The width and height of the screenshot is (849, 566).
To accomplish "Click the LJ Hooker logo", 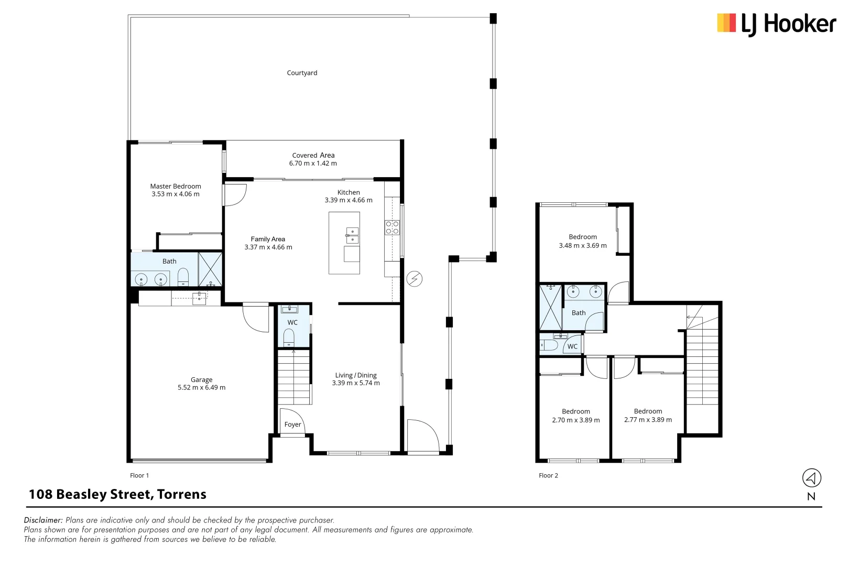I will click(776, 24).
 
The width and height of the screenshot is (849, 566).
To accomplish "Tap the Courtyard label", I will click(302, 73).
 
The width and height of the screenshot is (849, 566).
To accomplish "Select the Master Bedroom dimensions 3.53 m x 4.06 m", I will click(176, 194).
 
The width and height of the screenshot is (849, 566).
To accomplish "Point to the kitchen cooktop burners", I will click(392, 227).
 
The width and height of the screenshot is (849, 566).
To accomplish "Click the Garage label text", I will click(201, 379).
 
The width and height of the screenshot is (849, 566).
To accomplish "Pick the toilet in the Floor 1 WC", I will click(289, 336).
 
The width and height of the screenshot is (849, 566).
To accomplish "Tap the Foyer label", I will click(292, 424).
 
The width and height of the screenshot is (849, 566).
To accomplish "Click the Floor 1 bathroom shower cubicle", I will click(210, 269).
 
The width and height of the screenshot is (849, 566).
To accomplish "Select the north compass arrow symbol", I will click(811, 478).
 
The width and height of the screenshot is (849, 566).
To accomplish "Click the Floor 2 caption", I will click(548, 475).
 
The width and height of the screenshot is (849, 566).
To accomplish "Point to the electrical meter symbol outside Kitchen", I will click(415, 279).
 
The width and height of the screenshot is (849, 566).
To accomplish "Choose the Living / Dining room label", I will click(356, 375).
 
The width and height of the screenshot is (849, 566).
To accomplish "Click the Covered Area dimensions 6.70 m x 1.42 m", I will click(313, 164).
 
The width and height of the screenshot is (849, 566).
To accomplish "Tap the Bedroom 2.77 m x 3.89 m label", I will click(648, 416).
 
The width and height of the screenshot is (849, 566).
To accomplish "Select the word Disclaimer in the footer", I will click(43, 520).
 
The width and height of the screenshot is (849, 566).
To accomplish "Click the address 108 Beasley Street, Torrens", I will click(117, 494).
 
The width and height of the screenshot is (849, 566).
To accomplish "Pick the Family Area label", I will click(268, 239).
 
